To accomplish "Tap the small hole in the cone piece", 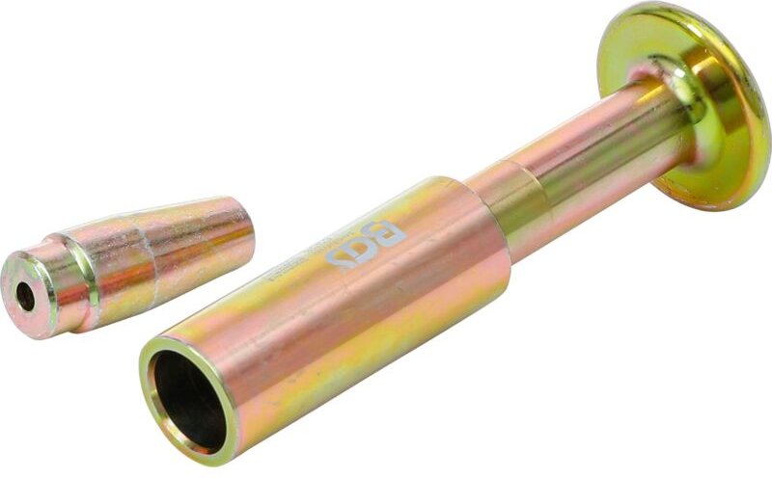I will [x=25, y=298].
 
